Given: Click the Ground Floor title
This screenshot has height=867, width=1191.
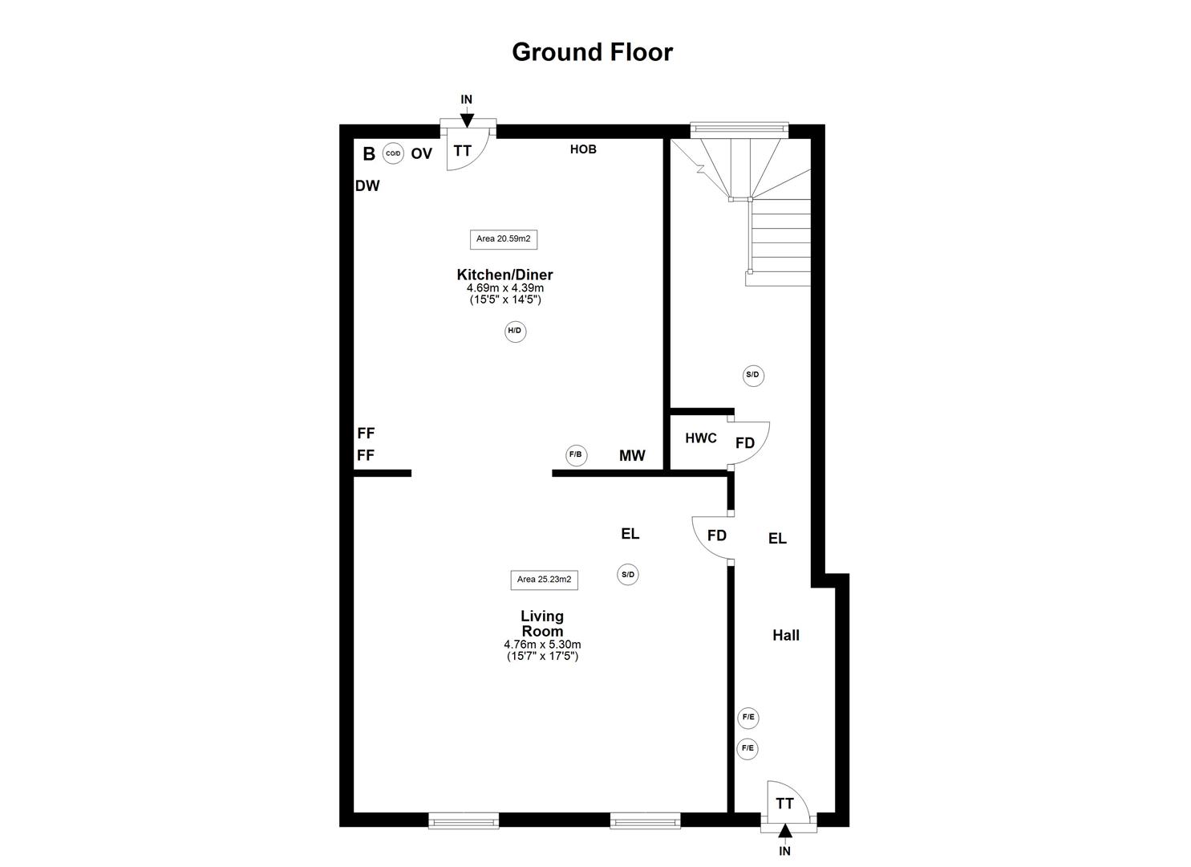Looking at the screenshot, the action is [x=592, y=52].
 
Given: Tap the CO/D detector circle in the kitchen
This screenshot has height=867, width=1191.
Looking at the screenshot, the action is [x=393, y=153].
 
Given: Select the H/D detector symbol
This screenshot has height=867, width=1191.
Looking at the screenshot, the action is [x=515, y=331].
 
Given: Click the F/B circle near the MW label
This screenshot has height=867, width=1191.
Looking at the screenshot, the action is [x=576, y=455].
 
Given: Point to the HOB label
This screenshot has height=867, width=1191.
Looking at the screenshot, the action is [x=583, y=149].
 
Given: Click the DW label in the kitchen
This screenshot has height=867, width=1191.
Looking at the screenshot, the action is [x=367, y=185].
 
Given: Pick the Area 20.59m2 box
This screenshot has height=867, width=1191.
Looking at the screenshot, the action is [x=504, y=239].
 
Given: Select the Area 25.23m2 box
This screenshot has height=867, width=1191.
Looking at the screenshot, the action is [x=544, y=580].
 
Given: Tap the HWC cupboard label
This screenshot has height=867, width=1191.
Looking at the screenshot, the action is [x=701, y=438].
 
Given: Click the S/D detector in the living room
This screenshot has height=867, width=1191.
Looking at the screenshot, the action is [x=627, y=575].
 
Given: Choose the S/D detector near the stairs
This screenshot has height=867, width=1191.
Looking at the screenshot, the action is [x=753, y=375].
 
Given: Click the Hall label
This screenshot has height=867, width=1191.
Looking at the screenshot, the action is [x=786, y=635].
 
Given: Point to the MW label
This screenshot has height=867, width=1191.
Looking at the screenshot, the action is [x=632, y=456].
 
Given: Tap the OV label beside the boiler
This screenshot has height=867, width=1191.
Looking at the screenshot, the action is [x=422, y=154].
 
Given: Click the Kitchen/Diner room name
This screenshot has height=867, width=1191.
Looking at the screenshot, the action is [x=504, y=275].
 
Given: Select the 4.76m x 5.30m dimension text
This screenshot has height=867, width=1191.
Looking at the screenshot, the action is [x=542, y=645].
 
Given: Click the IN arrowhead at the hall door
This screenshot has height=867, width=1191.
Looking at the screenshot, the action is [x=785, y=831].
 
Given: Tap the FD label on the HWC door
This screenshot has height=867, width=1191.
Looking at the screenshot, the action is [x=745, y=443].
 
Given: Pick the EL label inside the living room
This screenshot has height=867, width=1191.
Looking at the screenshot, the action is [x=630, y=534].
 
